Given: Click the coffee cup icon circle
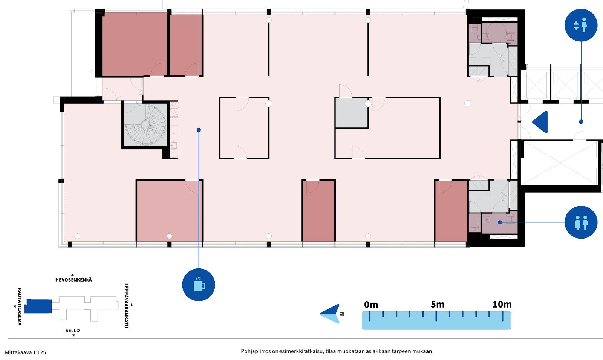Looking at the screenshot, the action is [199, 285].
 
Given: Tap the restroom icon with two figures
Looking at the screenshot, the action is [581, 222].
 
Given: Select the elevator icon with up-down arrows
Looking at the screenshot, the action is [581, 25].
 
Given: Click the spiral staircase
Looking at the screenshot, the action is [145, 124].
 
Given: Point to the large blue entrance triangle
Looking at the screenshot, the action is [542, 122].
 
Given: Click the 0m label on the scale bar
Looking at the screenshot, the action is [371, 305].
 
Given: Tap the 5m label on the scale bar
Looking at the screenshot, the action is [438, 305].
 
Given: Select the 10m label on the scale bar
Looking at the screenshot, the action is [502, 305].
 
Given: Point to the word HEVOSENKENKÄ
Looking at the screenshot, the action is [73, 280].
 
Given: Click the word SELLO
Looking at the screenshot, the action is [72, 330].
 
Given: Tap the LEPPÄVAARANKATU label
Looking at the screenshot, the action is [126, 306].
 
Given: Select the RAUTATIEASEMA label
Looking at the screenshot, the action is [19, 307].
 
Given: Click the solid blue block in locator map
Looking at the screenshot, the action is [38, 306].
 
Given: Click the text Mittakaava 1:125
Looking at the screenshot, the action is [25, 352].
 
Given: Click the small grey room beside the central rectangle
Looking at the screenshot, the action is [352, 113].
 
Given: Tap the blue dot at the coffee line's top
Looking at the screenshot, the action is [199, 130].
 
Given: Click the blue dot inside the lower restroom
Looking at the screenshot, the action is [500, 222].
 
